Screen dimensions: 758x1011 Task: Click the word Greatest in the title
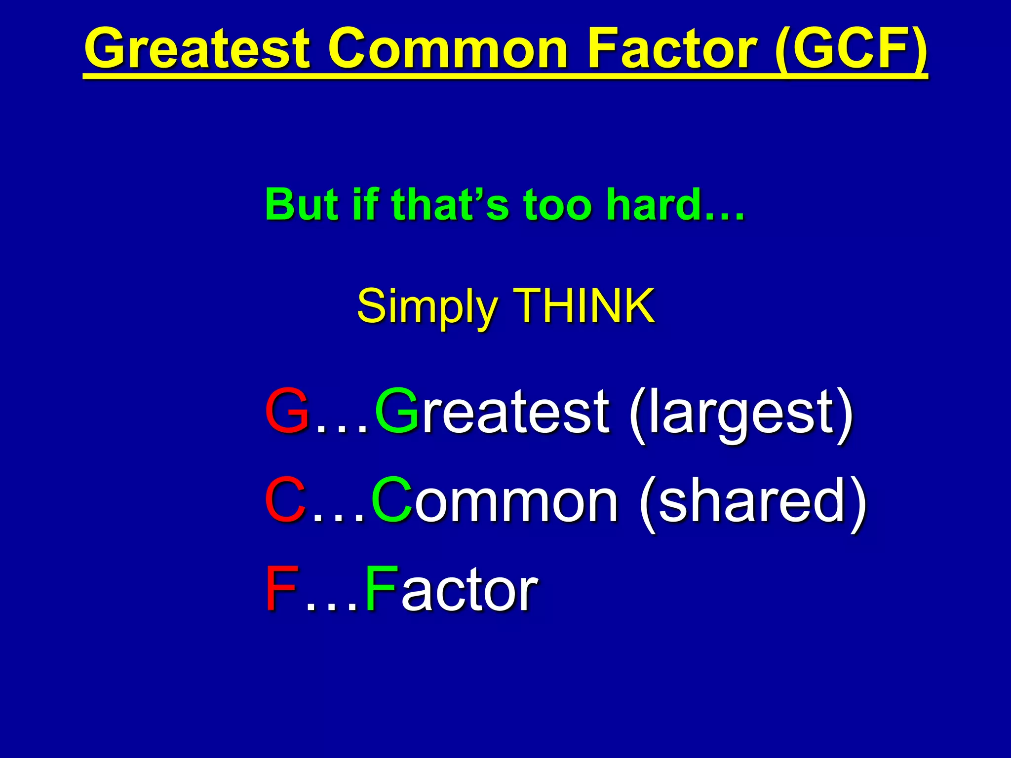(197, 49)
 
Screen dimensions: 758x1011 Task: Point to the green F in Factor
(381, 588)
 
